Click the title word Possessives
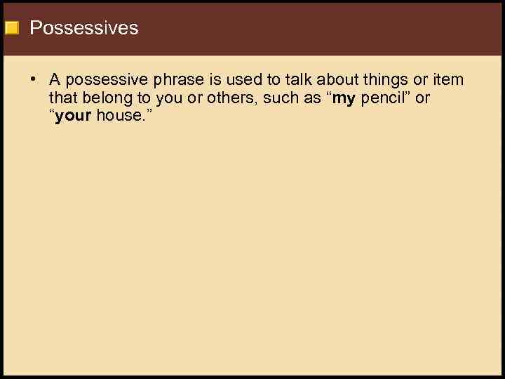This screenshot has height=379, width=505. click(x=84, y=28)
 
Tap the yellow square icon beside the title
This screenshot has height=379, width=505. click(x=11, y=29)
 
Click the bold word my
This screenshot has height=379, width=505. click(x=344, y=98)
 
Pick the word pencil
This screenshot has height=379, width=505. click(x=384, y=98)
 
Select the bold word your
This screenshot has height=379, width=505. click(x=73, y=116)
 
